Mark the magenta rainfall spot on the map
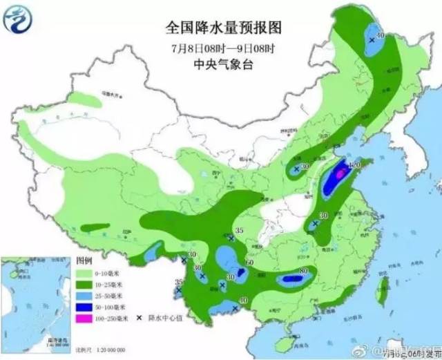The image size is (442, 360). click(340, 176)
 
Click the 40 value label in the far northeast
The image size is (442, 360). click(378, 32)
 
